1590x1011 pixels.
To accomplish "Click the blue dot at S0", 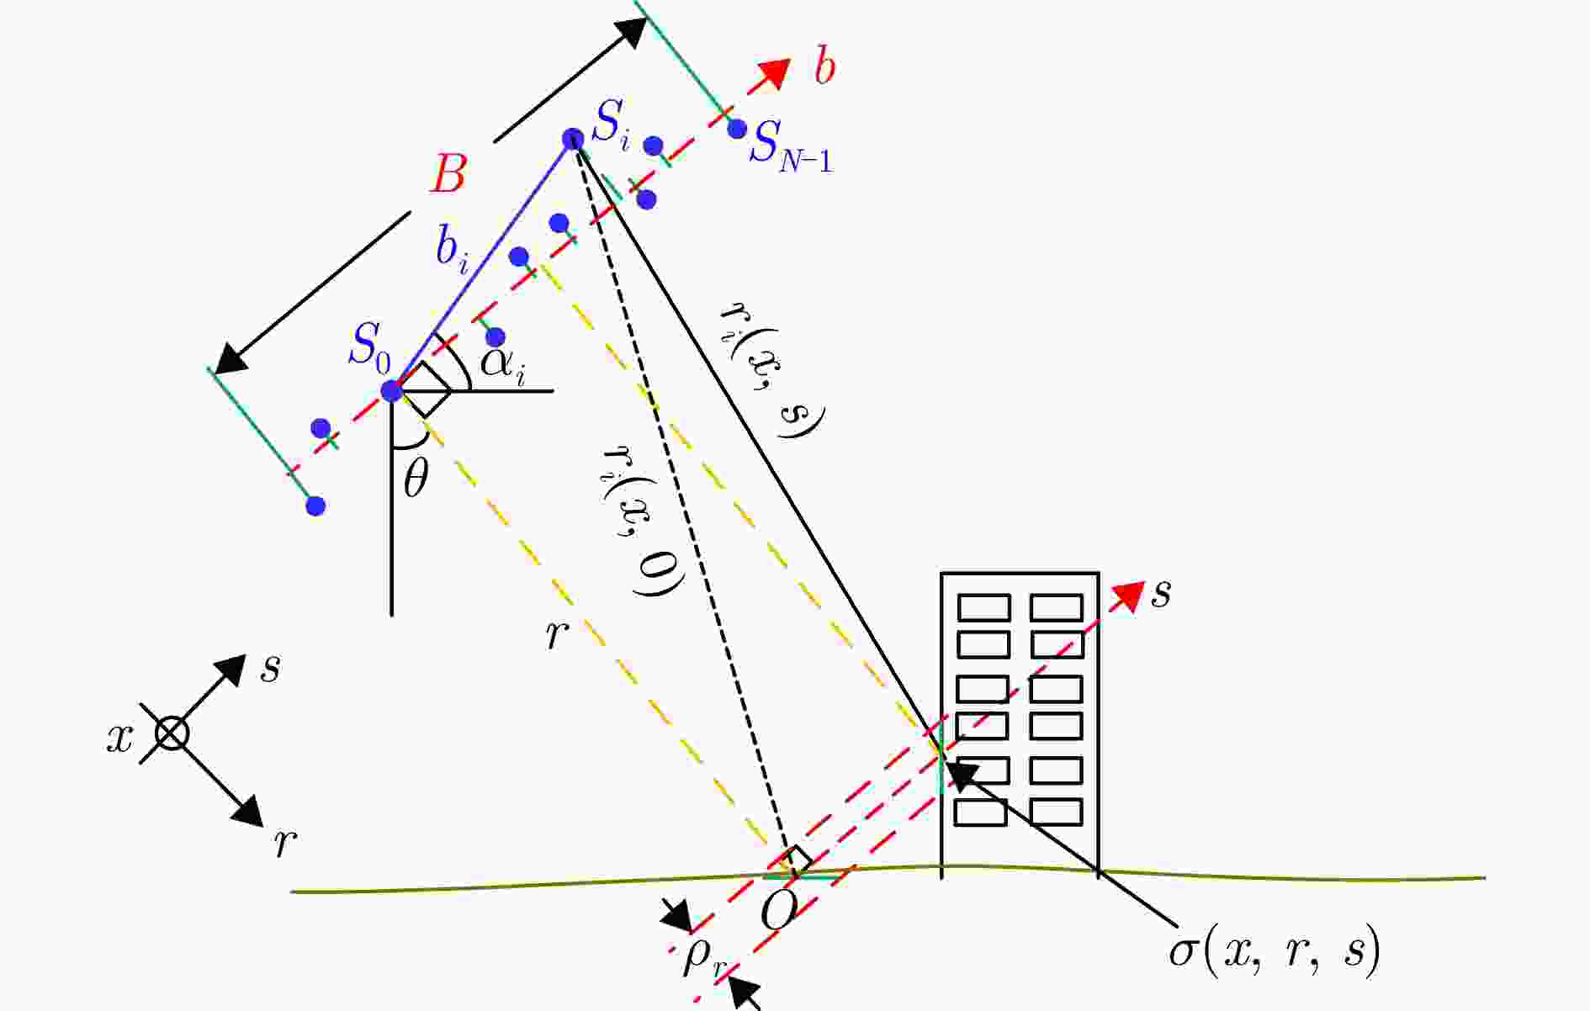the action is pyautogui.click(x=391, y=391).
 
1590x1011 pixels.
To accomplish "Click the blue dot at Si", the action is pyautogui.click(x=573, y=139).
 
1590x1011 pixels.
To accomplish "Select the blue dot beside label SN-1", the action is pyautogui.click(x=737, y=129).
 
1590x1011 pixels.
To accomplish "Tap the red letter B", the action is pyautogui.click(x=448, y=176).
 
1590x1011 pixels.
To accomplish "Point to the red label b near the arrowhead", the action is pyautogui.click(x=824, y=67).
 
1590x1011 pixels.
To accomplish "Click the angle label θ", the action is pyautogui.click(x=416, y=480).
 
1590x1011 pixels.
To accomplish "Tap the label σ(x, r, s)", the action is pyautogui.click(x=1275, y=951).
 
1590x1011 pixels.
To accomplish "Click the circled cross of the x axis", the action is pyautogui.click(x=172, y=733).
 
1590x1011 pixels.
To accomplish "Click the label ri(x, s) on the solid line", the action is pyautogui.click(x=771, y=368).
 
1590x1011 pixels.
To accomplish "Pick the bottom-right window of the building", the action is pyautogui.click(x=1056, y=812).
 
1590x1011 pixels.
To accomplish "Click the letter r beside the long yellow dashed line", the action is pyautogui.click(x=554, y=636).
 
